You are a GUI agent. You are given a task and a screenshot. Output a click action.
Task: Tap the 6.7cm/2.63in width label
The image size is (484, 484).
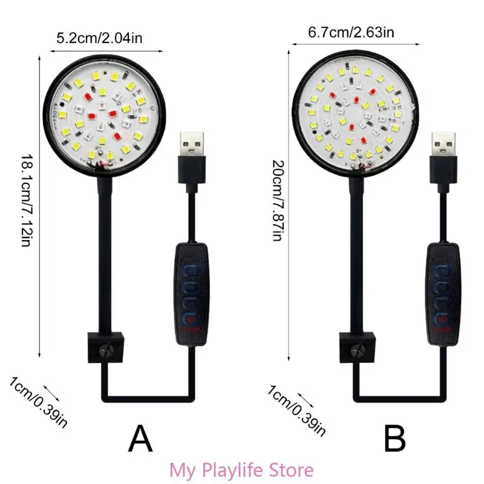[x=351, y=31]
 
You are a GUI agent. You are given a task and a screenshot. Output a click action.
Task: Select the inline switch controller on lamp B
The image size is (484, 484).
[x=445, y=293]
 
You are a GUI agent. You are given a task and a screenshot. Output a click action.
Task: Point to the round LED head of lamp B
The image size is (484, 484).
[x=351, y=113]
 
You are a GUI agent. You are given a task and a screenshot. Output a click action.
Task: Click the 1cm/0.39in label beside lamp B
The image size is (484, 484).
[x=296, y=409]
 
